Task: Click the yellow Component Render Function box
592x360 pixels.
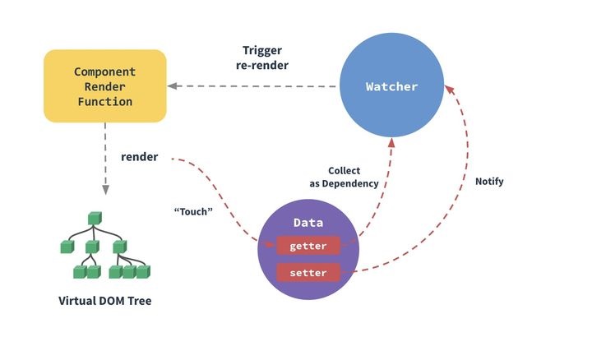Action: (x=105, y=86)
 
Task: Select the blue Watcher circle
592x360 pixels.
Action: (x=391, y=85)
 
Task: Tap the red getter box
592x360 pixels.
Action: (x=308, y=246)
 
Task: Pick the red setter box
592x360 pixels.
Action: (x=308, y=272)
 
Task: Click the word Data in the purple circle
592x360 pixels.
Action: (x=308, y=223)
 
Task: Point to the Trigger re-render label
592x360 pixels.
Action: (x=262, y=58)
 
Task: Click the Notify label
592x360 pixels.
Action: (x=489, y=182)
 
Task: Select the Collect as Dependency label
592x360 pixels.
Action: (x=344, y=177)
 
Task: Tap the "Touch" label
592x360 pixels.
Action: (x=193, y=211)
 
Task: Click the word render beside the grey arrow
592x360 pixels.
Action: (x=139, y=157)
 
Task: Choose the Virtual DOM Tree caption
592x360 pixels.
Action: (x=105, y=301)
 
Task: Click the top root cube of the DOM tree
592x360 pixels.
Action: (x=95, y=218)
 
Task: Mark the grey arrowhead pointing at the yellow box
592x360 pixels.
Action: (x=172, y=86)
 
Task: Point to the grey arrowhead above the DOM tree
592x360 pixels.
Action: (x=105, y=190)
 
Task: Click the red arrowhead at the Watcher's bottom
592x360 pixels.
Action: (x=391, y=143)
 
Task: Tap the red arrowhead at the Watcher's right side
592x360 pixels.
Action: (x=449, y=90)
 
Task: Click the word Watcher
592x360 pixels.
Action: (x=391, y=87)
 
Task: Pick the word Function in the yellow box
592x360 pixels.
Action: (x=105, y=102)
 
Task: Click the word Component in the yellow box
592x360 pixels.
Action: (x=105, y=72)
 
